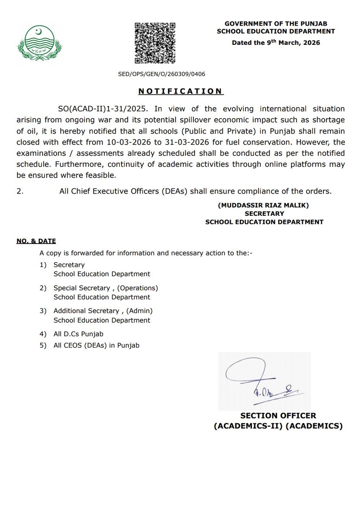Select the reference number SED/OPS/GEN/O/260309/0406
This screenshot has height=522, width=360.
coord(161,74)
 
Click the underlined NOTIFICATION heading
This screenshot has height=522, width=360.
coord(180,91)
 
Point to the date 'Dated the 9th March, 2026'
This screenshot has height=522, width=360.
coord(276,43)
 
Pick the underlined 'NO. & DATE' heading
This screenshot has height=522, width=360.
coord(36,241)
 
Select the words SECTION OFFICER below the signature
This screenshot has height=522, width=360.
coord(278,416)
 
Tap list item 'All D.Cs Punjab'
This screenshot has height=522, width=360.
coord(78,334)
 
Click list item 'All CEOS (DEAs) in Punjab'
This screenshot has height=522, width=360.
coord(96,345)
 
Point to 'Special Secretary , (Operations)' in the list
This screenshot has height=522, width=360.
coord(106,288)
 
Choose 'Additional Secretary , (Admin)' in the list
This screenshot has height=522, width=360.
coord(103,311)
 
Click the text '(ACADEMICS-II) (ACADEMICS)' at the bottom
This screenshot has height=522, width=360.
coord(278,426)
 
